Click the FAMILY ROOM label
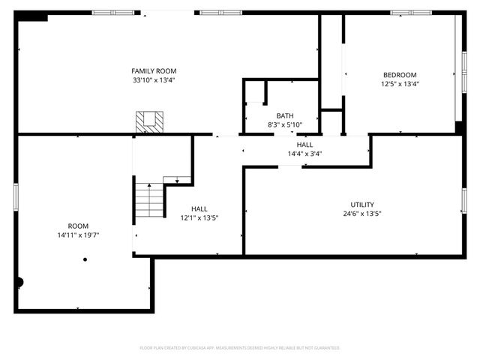tap(154, 70)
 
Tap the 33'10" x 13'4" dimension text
tap(154, 80)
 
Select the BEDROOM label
tap(400, 74)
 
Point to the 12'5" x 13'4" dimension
tap(400, 84)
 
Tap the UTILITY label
tap(362, 204)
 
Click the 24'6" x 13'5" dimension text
tap(362, 214)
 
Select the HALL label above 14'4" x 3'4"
tap(304, 144)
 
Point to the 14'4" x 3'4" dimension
tap(304, 154)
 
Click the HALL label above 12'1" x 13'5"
tap(199, 208)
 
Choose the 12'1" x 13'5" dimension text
tap(199, 218)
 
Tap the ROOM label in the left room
tap(78, 225)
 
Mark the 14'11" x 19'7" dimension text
tap(78, 235)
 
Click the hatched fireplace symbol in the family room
tap(148, 121)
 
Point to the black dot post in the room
tap(85, 259)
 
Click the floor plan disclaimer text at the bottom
tap(240, 348)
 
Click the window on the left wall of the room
tap(16, 196)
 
